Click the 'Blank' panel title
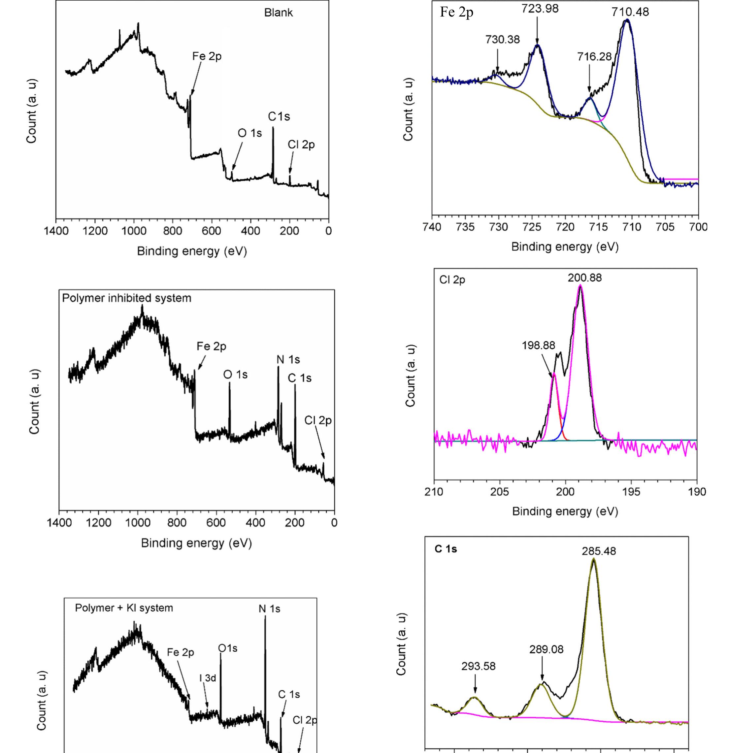(278, 13)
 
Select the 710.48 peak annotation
(630, 12)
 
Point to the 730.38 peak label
(502, 40)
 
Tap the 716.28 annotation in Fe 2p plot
(594, 57)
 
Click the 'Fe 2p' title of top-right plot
(456, 12)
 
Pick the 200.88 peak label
(584, 278)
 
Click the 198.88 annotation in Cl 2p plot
(538, 345)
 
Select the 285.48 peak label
(598, 551)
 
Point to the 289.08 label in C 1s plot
(546, 649)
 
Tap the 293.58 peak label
(478, 666)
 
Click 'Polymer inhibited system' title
(126, 298)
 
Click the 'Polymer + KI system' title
(124, 608)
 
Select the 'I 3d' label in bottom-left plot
(208, 678)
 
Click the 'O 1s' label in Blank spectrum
(250, 133)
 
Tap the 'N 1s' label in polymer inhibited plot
(288, 360)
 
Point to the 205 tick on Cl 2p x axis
(500, 492)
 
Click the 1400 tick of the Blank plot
(55, 231)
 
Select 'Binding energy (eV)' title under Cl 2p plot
(565, 511)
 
